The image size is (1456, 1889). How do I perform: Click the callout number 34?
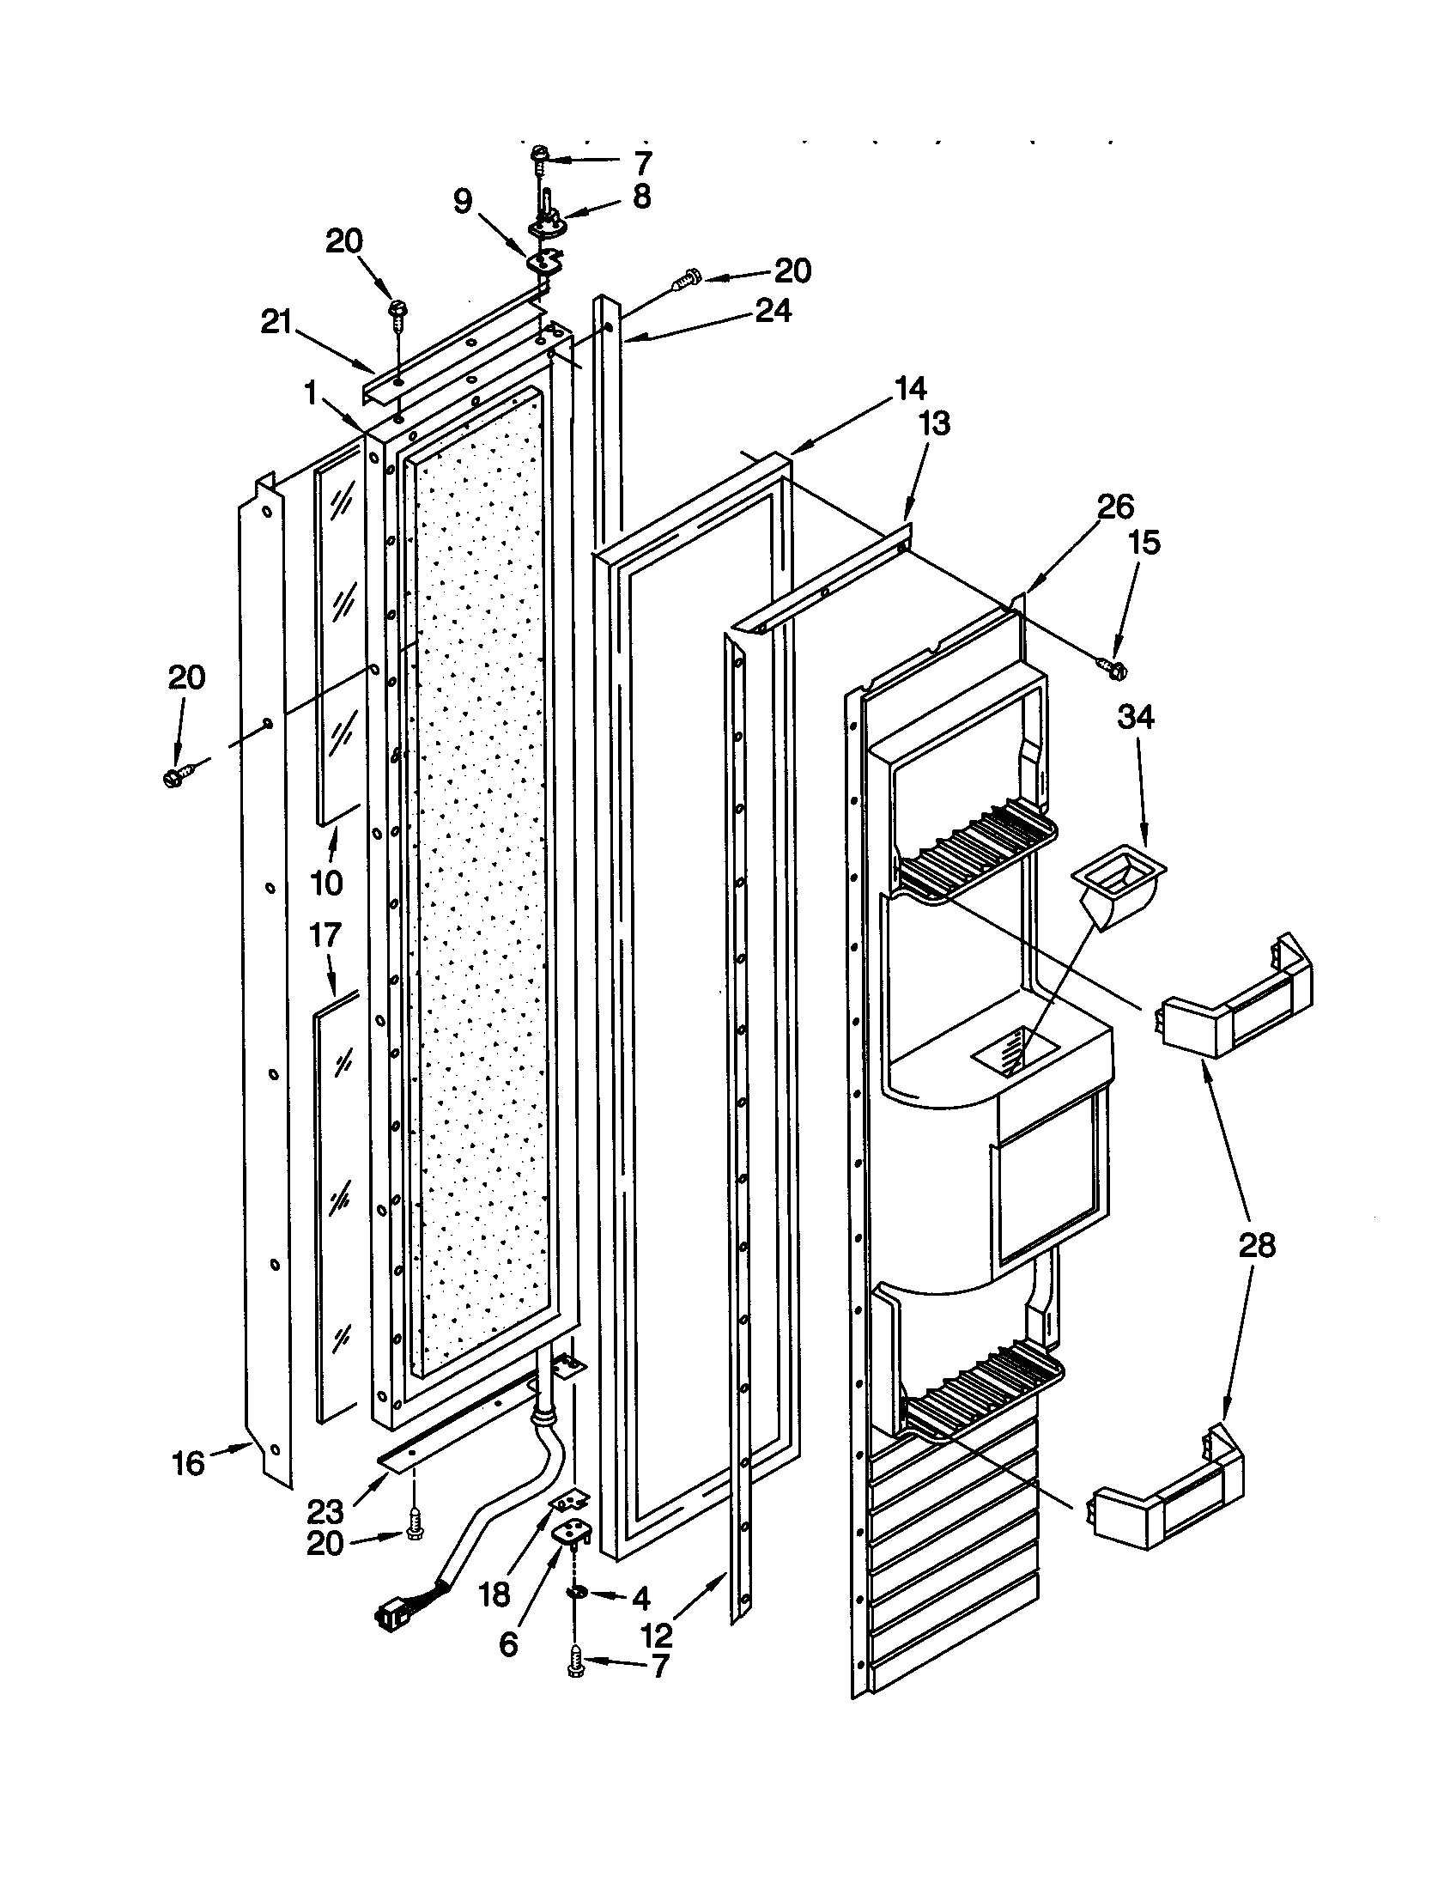coord(1135,717)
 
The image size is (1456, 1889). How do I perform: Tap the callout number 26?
coord(1115,507)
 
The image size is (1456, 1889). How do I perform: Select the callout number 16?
coord(189,1463)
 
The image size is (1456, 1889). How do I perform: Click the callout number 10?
coord(327,883)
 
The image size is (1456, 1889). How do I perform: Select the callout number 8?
coord(640,197)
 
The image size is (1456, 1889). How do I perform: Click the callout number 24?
coord(773,311)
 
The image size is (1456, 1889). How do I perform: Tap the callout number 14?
coord(911,389)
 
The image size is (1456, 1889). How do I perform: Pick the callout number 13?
coord(934,424)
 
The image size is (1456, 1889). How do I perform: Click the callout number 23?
coord(325,1512)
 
